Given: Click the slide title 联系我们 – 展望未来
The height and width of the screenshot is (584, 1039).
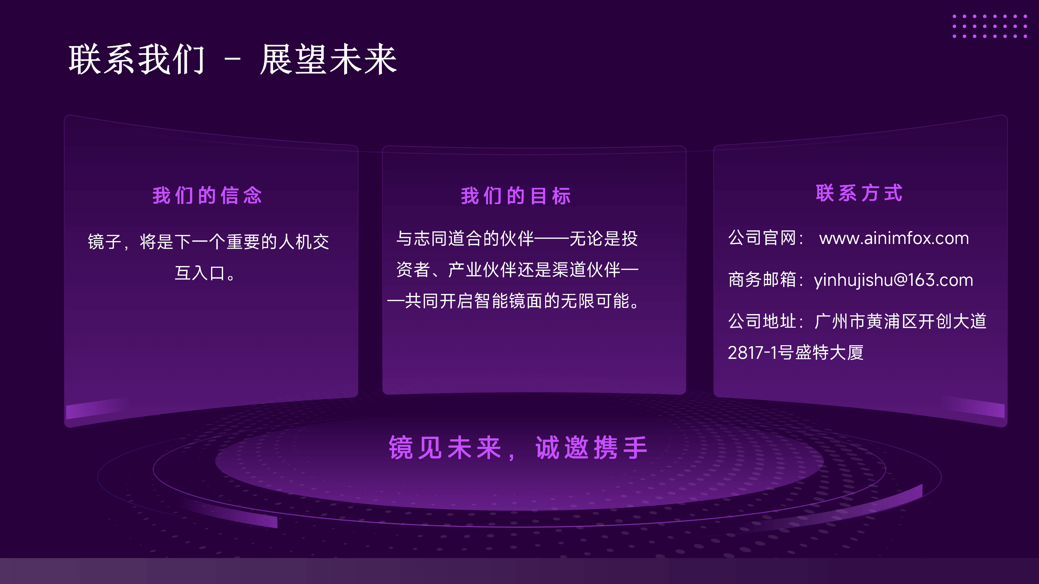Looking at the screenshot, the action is [233, 60].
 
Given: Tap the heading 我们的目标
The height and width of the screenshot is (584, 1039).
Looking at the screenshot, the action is [516, 196].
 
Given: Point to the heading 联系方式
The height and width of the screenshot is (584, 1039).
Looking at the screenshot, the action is [859, 193].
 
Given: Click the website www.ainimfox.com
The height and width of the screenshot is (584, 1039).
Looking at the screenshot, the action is [894, 238].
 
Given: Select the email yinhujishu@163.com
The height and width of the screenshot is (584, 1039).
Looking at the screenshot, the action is [894, 280].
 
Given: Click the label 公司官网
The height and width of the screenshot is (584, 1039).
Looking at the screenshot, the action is [762, 238].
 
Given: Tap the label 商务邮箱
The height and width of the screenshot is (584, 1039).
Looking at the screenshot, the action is [762, 280].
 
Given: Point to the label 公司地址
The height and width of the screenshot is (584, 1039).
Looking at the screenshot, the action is [762, 321].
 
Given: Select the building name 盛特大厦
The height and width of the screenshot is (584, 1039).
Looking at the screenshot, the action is [829, 353].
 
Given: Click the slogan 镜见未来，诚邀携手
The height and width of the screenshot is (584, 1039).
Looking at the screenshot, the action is [518, 448].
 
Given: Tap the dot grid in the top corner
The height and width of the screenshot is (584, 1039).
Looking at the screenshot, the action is [990, 26].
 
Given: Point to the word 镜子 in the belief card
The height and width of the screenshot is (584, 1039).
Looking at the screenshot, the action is [105, 242].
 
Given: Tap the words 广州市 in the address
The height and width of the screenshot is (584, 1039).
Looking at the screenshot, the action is [840, 321].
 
